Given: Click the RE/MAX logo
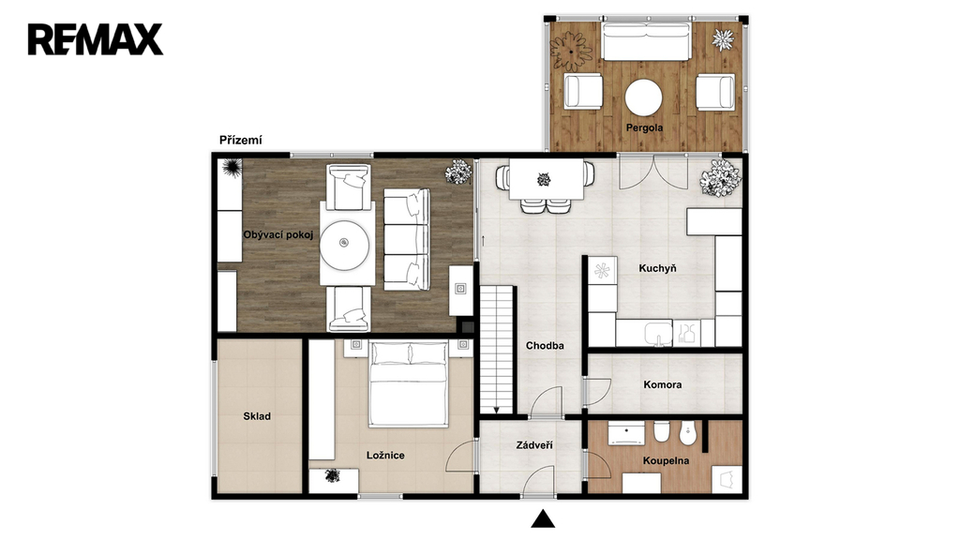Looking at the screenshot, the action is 96,39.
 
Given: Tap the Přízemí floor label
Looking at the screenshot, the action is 241,141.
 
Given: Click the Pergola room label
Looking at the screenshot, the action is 644,127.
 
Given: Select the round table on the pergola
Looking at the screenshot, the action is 643,97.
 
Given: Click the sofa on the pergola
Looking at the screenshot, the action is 647,41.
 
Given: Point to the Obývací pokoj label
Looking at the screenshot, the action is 277,234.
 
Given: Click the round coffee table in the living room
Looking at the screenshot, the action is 345,245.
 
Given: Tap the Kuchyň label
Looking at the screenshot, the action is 657,268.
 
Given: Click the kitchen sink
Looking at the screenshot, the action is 658,333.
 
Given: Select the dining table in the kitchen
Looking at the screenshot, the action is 547,179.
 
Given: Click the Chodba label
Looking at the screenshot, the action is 545,346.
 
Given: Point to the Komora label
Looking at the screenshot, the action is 663,385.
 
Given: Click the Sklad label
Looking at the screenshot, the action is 257,416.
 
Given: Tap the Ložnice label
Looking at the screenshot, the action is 385,456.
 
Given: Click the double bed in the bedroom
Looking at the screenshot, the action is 409,383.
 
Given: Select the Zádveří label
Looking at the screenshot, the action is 534,445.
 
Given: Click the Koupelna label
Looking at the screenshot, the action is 667,461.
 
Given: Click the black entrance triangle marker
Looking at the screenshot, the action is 543,518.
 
